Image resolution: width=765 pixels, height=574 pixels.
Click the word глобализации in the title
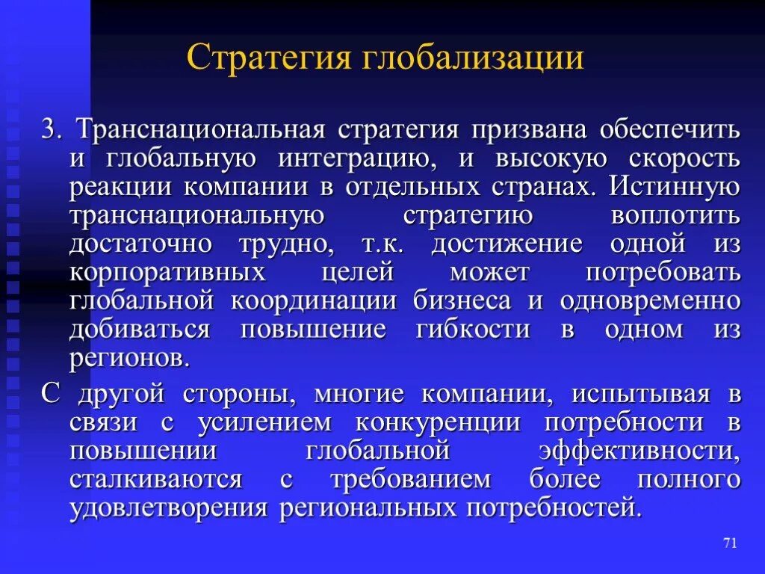point(474,58)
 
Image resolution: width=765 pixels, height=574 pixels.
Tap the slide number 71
point(730,543)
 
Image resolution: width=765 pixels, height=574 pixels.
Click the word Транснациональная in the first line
point(200,129)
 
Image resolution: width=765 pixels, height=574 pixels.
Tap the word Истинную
point(675,187)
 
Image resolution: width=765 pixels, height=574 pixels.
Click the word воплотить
point(675,215)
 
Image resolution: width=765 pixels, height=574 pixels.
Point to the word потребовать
point(663,272)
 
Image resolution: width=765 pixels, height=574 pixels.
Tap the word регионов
point(129,358)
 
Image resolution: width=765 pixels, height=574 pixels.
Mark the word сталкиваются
point(156,479)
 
